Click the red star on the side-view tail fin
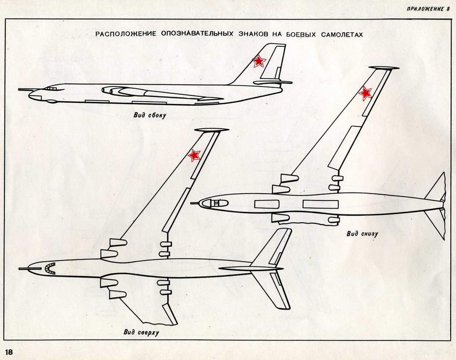pos(258,61)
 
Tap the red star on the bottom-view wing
pos(365,93)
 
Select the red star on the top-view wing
pos(194,155)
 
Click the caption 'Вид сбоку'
pos(150,115)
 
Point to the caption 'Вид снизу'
pos(362,233)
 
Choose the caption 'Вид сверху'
pos(141,332)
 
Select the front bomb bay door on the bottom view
pos(266,204)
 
